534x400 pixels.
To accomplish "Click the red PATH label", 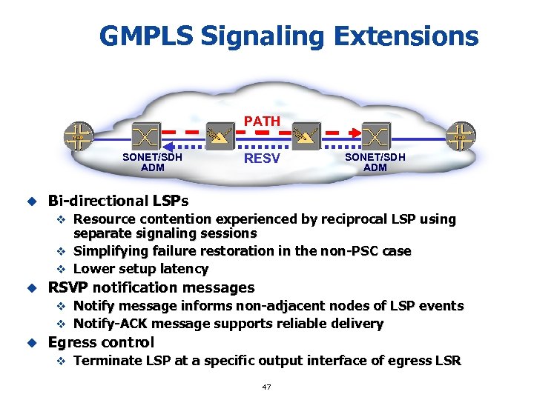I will [263, 121].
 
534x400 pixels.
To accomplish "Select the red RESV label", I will [263, 157].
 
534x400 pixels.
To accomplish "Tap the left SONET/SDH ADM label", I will [152, 162].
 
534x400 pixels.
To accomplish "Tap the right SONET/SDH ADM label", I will [375, 162].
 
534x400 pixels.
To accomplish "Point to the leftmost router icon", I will [77, 136].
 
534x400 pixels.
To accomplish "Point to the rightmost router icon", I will [461, 136].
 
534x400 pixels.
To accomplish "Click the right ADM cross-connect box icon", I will [377, 136].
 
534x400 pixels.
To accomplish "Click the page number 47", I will [267, 387].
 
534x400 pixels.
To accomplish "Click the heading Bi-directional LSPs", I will [118, 201].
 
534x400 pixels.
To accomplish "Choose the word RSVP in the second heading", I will [68, 287].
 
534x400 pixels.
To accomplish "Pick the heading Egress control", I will [101, 342].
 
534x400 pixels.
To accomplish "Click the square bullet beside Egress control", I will [31, 342].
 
